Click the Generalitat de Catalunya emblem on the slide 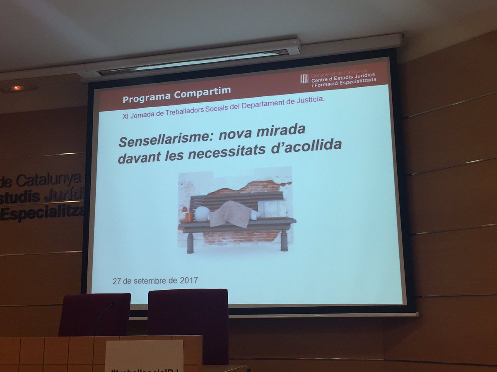pyautogui.click(x=304, y=78)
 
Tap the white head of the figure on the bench pyautogui.click(x=202, y=214)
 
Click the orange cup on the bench pyautogui.click(x=188, y=217)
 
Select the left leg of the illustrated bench pyautogui.click(x=190, y=242)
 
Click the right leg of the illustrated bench pyautogui.click(x=284, y=240)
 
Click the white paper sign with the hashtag pyautogui.click(x=144, y=356)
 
